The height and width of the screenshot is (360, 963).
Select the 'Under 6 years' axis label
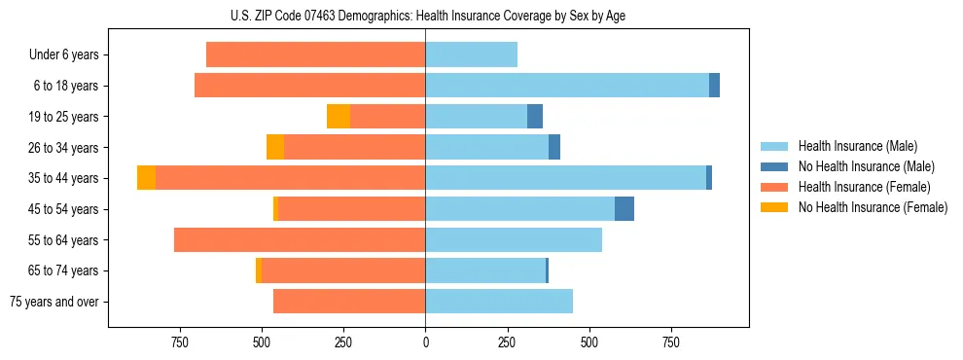click(63, 54)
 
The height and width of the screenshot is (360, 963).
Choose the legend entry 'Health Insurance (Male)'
click(856, 146)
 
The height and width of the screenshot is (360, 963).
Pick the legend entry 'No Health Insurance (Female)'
click(873, 207)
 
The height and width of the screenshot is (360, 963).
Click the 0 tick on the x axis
click(425, 342)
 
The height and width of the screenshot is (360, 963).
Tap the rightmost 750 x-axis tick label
click(670, 342)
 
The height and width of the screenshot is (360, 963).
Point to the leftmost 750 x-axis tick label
click(179, 342)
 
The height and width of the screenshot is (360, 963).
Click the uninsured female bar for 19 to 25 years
click(339, 117)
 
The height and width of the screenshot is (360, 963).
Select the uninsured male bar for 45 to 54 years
click(624, 209)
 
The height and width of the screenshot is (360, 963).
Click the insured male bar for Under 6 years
click(471, 54)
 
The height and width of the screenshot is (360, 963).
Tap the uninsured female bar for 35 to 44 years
click(146, 178)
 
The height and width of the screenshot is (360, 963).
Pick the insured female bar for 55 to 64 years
click(300, 239)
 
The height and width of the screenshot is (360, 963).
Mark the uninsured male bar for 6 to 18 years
click(714, 86)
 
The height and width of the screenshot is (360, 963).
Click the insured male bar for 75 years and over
click(499, 302)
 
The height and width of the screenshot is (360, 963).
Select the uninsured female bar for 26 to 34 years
click(275, 147)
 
